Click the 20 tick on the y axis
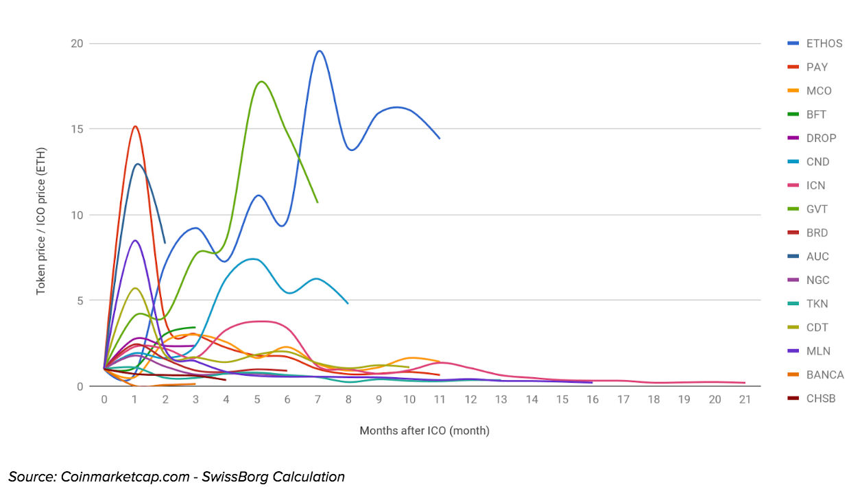click(x=76, y=44)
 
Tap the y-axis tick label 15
click(x=76, y=129)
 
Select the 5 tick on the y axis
click(x=79, y=300)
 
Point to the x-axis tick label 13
click(x=501, y=400)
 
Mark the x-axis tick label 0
click(x=104, y=400)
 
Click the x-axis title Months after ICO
click(x=424, y=431)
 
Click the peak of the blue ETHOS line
click(x=319, y=51)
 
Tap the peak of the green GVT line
click(x=261, y=82)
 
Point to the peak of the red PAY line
click(x=135, y=126)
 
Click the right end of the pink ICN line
click(x=745, y=383)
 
